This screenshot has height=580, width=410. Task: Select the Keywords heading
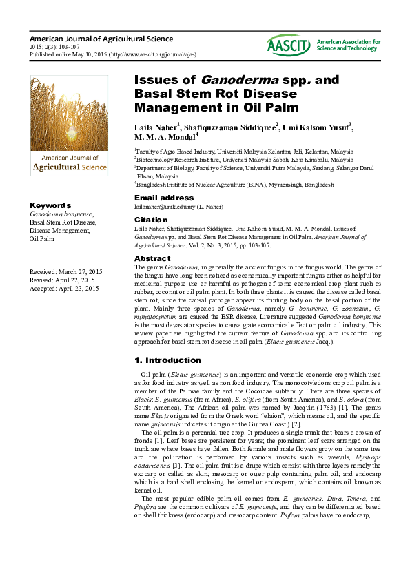tap(50, 205)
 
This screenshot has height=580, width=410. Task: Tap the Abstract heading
tap(152, 258)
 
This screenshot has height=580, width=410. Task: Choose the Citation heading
tap(151, 220)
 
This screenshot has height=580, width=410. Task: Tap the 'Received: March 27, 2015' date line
tap(66, 272)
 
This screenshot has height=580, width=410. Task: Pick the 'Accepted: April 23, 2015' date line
tap(65, 289)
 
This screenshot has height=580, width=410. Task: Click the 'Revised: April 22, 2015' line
tap(63, 280)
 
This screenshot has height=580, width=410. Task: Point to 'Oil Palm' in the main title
tap(271, 107)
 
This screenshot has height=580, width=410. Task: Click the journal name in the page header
tap(101, 39)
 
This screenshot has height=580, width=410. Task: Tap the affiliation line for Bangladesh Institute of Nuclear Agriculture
tap(234, 185)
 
